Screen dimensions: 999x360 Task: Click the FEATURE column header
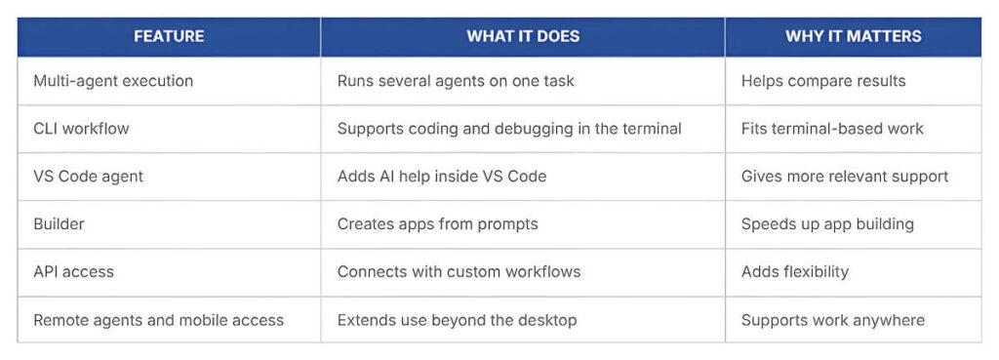[169, 36]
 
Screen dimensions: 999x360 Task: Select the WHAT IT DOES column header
[523, 36]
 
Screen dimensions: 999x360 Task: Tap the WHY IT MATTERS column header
[853, 36]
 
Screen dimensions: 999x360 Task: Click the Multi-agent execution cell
[113, 81]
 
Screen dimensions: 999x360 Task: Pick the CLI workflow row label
[81, 128]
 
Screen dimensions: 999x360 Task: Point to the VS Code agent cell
[88, 177]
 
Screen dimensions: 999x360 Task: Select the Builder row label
[59, 223]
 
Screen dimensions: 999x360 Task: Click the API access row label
[73, 271]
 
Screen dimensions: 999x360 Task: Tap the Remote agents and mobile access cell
[158, 319]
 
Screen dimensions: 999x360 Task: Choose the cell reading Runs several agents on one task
[456, 81]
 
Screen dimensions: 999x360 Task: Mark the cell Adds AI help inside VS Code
[442, 177]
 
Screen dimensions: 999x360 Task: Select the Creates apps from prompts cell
[437, 223]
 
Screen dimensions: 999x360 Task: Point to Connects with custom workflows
[459, 271]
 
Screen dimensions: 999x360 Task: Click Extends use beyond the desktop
[457, 319]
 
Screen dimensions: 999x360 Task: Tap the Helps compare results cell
[823, 81]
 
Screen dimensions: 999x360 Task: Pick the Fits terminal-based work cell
[832, 128]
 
